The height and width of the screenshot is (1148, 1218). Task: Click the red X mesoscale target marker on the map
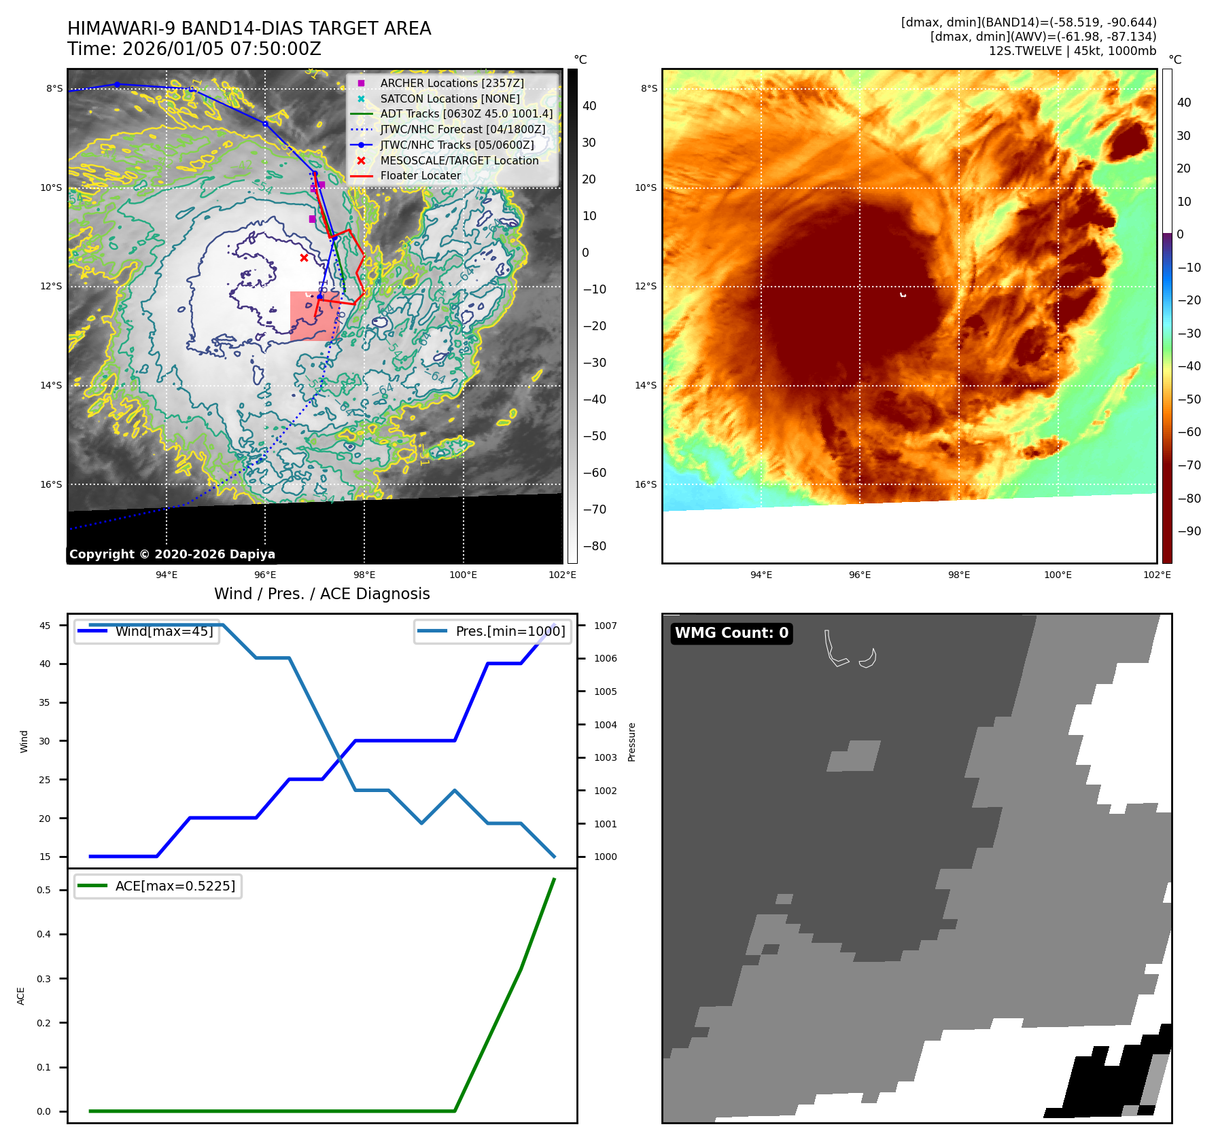pyautogui.click(x=304, y=257)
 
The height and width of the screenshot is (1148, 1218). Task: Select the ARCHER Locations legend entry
pyautogui.click(x=451, y=83)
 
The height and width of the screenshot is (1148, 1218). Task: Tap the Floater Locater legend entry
pyautogui.click(x=420, y=175)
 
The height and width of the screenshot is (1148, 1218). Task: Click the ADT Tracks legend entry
pyautogui.click(x=466, y=113)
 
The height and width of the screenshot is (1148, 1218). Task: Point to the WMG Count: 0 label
pyautogui.click(x=731, y=633)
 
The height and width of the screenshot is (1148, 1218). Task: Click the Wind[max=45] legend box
pyautogui.click(x=147, y=631)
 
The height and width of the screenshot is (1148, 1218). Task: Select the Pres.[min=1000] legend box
pyautogui.click(x=493, y=631)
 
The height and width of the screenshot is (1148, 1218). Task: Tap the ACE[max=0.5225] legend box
pyautogui.click(x=158, y=886)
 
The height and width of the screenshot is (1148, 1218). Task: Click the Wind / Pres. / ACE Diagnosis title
pyautogui.click(x=321, y=594)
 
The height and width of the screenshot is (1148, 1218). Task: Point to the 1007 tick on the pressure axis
pyautogui.click(x=605, y=626)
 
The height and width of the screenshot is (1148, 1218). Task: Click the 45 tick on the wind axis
pyautogui.click(x=45, y=626)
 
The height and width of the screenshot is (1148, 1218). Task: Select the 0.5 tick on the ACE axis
pyautogui.click(x=43, y=890)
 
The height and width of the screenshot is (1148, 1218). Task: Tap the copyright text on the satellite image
pyautogui.click(x=172, y=554)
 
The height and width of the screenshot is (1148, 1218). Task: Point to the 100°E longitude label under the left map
pyautogui.click(x=463, y=575)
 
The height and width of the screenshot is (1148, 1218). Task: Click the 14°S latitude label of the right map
pyautogui.click(x=646, y=385)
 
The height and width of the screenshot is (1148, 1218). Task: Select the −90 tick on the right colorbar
pyautogui.click(x=1189, y=531)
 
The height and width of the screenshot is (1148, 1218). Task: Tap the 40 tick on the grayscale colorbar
pyautogui.click(x=589, y=106)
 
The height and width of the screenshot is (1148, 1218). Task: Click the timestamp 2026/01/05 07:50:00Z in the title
pyautogui.click(x=222, y=49)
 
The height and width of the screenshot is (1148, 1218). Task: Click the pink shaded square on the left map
pyautogui.click(x=315, y=316)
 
